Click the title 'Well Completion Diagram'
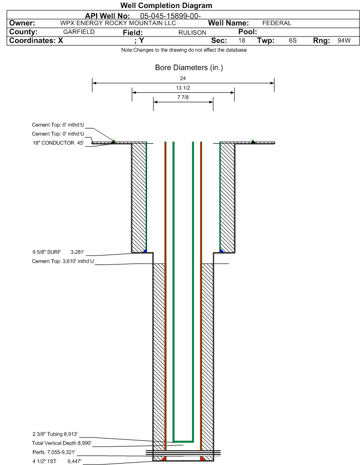point(166,5)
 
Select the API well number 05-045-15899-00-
point(170,16)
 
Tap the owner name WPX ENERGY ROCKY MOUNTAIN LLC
point(118,23)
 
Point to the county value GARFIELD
point(79,32)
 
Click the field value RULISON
point(192,33)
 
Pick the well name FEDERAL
point(277,23)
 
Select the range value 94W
point(344,40)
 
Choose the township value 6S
point(293,40)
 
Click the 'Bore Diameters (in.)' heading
point(189,68)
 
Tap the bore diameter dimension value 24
point(183,78)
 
